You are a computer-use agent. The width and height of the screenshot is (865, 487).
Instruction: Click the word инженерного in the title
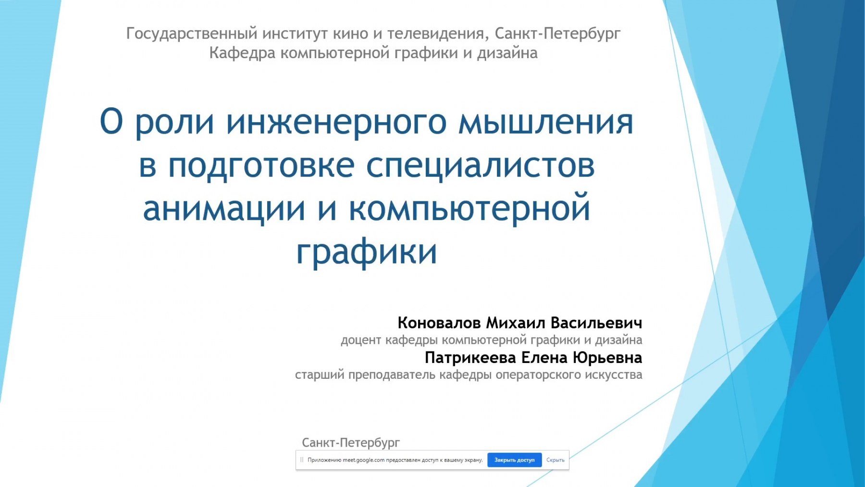tap(336, 123)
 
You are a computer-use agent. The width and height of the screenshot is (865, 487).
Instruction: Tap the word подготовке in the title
tap(261, 165)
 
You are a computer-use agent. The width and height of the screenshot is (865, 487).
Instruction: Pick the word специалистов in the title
tap(481, 166)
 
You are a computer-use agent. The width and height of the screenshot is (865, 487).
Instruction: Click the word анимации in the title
tap(224, 209)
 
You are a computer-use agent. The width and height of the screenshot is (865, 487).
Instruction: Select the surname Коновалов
tap(439, 323)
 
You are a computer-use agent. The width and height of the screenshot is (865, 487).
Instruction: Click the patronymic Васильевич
tap(596, 323)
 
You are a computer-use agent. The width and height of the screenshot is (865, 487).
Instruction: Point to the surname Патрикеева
tap(470, 358)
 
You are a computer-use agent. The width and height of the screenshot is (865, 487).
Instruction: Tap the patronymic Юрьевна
tap(607, 358)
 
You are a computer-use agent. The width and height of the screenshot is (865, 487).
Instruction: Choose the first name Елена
tap(544, 358)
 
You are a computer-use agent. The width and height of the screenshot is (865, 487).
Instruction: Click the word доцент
tap(361, 340)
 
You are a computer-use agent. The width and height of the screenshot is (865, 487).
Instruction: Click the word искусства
tap(614, 375)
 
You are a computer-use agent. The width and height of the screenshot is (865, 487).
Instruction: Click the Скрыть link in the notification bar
tap(556, 460)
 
